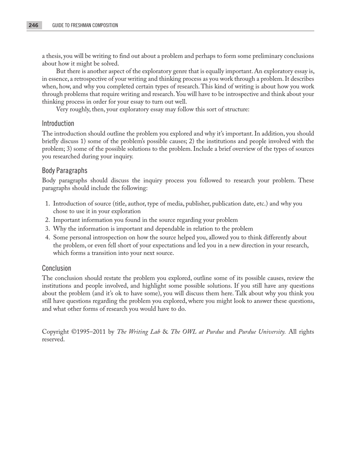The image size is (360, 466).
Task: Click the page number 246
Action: click(x=33, y=25)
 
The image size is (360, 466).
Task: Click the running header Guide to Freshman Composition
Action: click(x=85, y=25)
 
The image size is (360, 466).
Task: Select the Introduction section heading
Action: click(x=58, y=124)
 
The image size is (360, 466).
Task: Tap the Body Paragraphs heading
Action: click(x=64, y=170)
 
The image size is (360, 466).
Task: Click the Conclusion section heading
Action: click(x=56, y=268)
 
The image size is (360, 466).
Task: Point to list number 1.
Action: click(x=47, y=204)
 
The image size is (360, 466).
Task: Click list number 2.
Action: click(x=47, y=220)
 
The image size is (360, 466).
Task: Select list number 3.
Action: click(x=47, y=229)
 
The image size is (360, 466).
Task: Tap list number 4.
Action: click(x=47, y=238)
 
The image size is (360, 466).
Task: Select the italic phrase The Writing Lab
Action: click(x=138, y=332)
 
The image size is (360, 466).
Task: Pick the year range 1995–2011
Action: click(x=91, y=332)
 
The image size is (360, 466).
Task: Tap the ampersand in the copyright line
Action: click(x=165, y=332)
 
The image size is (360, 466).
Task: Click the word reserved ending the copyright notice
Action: click(x=53, y=339)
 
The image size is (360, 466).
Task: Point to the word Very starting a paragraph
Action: click(x=63, y=109)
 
